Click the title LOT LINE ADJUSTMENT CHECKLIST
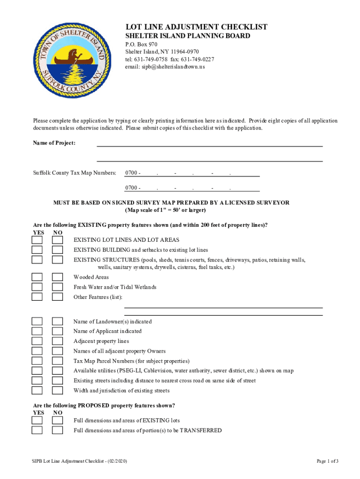(x=196, y=27)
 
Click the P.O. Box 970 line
(x=141, y=44)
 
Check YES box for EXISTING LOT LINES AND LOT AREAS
(x=37, y=240)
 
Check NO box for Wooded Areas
(x=57, y=277)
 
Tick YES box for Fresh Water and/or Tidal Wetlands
(x=37, y=287)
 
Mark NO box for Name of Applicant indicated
(x=57, y=331)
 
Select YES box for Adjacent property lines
(x=37, y=341)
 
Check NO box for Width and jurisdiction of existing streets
(x=57, y=391)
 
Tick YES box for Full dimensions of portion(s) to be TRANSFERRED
(x=37, y=430)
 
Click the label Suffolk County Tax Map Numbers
(x=74, y=173)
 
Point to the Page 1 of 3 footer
(x=327, y=461)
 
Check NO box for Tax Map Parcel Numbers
(x=57, y=361)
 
